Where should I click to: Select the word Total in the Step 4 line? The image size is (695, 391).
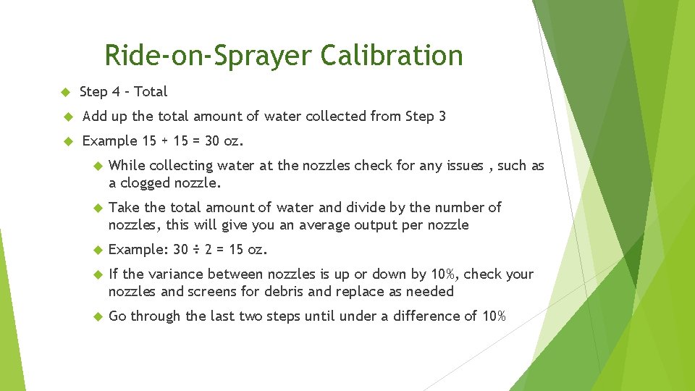(151, 92)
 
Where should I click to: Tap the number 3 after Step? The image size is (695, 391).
(442, 116)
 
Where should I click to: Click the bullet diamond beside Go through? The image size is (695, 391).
(98, 316)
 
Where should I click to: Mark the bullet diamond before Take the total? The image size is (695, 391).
(98, 208)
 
